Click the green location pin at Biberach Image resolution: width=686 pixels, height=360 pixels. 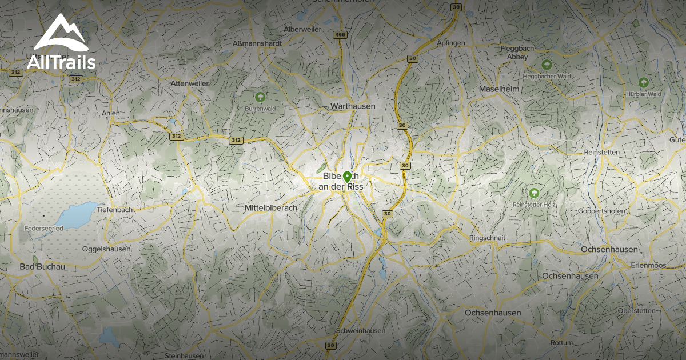coord(347,176)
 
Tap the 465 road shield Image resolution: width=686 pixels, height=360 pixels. coord(340,35)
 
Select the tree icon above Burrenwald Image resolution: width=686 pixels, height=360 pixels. coord(261,97)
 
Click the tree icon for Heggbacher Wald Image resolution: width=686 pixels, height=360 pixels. coord(547,65)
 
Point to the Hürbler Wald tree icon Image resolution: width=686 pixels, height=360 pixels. coord(644,82)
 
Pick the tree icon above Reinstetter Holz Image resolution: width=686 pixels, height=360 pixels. coord(534,193)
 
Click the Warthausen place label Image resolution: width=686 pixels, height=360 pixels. coord(353,106)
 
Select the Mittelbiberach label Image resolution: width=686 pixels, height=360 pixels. coord(271,208)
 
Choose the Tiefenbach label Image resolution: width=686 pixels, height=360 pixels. coord(115,210)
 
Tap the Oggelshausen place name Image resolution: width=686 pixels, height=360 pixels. coord(106,249)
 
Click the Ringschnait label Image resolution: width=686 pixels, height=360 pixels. coord(488,237)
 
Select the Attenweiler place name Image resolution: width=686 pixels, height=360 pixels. coord(190,83)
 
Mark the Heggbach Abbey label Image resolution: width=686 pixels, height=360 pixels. coord(517,53)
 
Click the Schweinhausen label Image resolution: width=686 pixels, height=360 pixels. coord(361,331)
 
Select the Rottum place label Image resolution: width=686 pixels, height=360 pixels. coord(561,343)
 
